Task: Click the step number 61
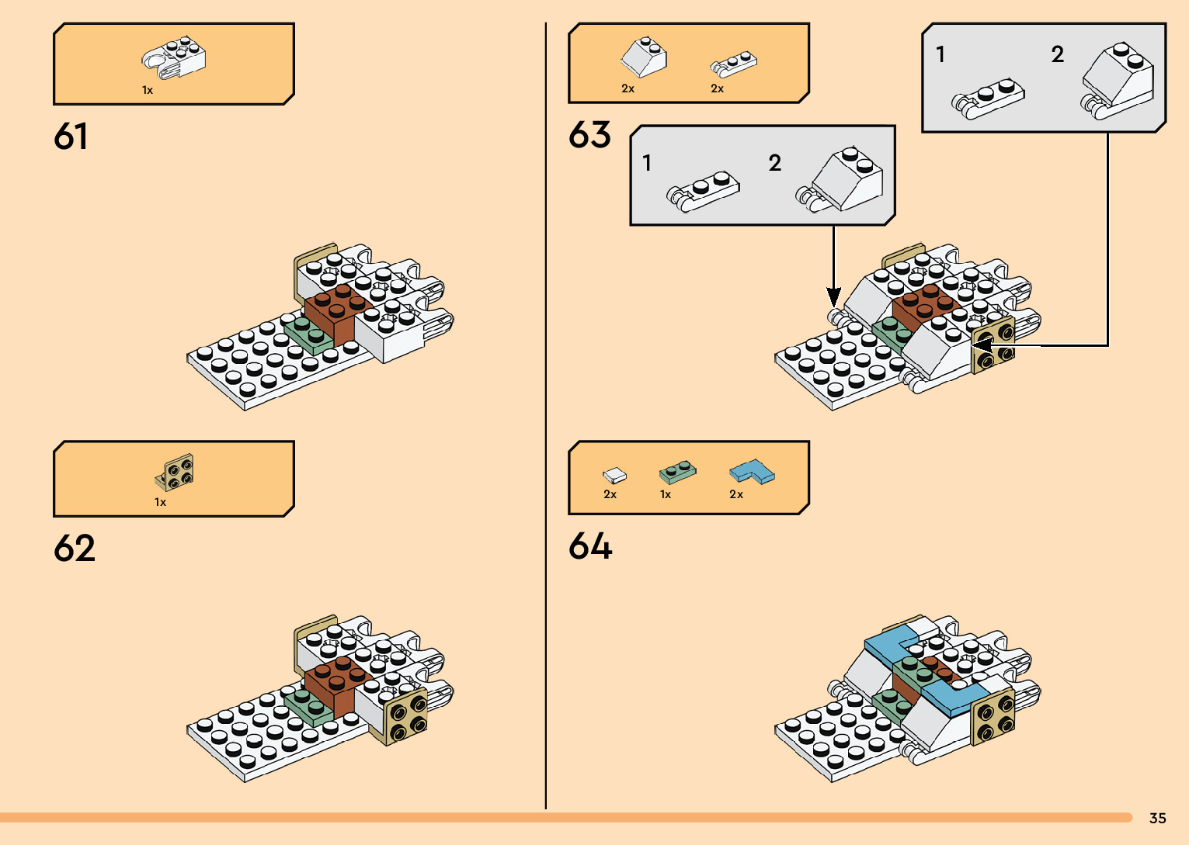tap(71, 137)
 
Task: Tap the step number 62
tap(75, 549)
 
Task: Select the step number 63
tap(590, 135)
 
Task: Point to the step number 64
tap(590, 546)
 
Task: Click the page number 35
tap(1157, 818)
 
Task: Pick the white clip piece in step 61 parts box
tap(174, 57)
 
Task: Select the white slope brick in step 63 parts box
tap(644, 57)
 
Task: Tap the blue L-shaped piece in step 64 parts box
tap(752, 471)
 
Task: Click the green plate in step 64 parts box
tap(677, 472)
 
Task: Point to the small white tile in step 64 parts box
tap(614, 474)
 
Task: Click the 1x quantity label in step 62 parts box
tap(160, 502)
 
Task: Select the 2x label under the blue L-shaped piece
tap(736, 494)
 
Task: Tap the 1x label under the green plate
tap(666, 494)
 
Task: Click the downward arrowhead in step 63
tap(833, 296)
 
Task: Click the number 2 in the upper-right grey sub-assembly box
tap(1057, 54)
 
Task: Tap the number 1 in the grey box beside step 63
tap(647, 163)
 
